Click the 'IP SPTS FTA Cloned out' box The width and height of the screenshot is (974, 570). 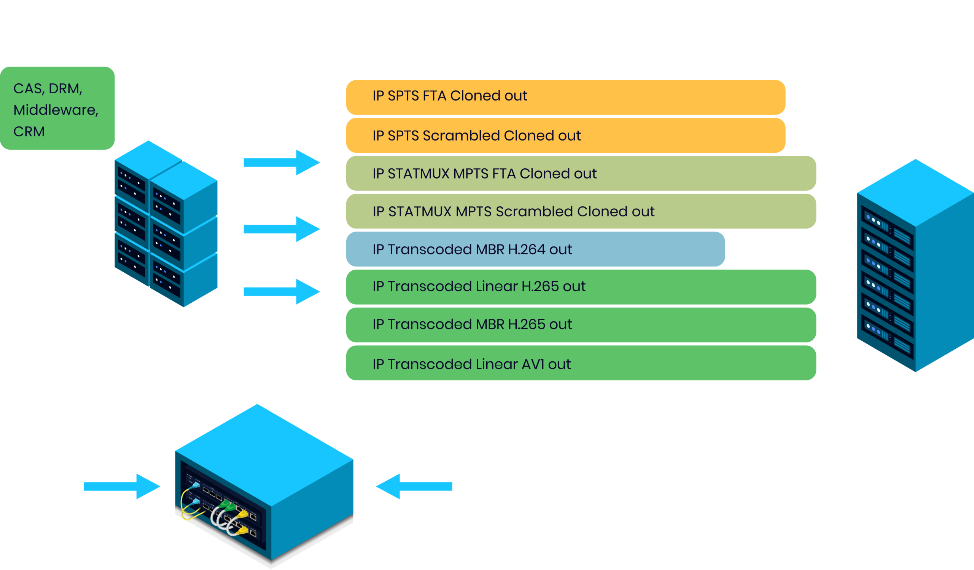point(565,97)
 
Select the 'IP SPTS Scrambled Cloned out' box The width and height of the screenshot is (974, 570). point(565,135)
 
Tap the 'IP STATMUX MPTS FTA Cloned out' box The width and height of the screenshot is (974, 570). point(581,173)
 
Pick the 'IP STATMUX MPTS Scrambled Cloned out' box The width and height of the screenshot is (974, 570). point(581,211)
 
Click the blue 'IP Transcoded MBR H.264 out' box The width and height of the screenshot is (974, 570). point(535,249)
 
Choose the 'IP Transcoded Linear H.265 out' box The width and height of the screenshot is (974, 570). point(581,287)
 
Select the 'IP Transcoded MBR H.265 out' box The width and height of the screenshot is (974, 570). point(581,324)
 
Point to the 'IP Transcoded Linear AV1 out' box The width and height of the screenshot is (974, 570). point(581,363)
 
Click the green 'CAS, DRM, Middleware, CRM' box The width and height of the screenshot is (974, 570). point(57,108)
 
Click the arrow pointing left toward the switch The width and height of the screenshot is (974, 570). point(414,486)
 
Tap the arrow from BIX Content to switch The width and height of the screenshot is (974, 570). point(122,486)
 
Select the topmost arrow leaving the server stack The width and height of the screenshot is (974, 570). point(282,163)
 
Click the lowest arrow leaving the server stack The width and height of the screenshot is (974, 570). point(282,292)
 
